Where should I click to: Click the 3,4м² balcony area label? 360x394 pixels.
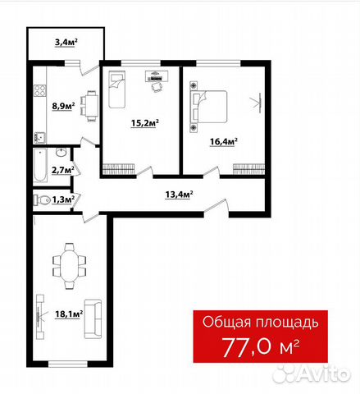click(66, 43)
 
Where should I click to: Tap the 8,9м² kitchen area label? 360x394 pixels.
click(64, 106)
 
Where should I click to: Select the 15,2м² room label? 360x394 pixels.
click(145, 123)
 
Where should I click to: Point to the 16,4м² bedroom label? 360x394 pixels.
click(223, 142)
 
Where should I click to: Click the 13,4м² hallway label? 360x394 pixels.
click(179, 195)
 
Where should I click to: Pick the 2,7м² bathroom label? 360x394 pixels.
click(63, 170)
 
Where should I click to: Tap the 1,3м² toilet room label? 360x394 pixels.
click(63, 199)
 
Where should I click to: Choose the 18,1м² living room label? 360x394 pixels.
click(69, 314)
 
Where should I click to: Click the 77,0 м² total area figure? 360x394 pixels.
click(261, 347)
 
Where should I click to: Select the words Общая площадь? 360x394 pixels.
click(261, 323)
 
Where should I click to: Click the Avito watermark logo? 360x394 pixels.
click(312, 373)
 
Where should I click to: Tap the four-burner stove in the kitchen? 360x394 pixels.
click(40, 90)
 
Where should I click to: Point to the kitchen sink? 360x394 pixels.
click(39, 137)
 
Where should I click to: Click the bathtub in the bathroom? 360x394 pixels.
click(40, 165)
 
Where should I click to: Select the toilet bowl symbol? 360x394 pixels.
click(42, 199)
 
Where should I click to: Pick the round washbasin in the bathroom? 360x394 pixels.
click(62, 152)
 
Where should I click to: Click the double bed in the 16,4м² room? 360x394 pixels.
click(209, 107)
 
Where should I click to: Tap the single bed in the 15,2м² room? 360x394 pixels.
click(117, 89)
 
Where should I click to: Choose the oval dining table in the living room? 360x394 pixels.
click(70, 266)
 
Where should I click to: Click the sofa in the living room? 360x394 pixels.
click(93, 319)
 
